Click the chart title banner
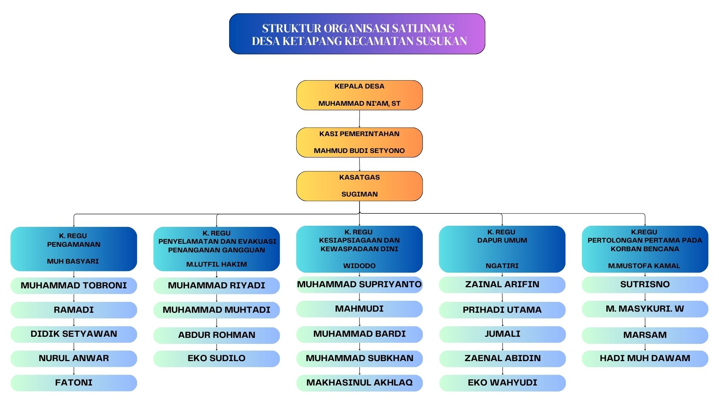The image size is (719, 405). click(x=357, y=34)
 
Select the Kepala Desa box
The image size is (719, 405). click(x=359, y=95)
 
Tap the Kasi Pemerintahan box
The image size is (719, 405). click(x=359, y=142)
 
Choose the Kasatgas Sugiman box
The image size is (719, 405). click(x=359, y=186)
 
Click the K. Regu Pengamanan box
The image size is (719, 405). click(x=74, y=249)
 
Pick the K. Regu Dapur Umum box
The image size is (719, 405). click(x=502, y=249)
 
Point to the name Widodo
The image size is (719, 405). click(x=359, y=266)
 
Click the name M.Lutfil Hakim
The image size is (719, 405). click(x=216, y=264)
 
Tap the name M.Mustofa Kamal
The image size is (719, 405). click(x=644, y=266)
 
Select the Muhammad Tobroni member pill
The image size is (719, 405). click(x=74, y=285)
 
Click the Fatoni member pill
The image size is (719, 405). click(x=74, y=382)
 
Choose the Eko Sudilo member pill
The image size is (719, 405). click(x=216, y=358)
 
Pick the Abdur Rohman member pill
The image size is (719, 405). click(x=216, y=335)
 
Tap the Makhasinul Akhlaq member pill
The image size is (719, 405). click(x=359, y=382)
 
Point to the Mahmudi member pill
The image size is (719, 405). click(x=359, y=309)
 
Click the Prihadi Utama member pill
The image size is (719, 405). click(x=502, y=310)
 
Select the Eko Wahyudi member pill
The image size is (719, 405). click(x=502, y=382)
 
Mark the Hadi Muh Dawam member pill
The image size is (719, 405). click(x=644, y=358)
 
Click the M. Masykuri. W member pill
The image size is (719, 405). click(x=644, y=309)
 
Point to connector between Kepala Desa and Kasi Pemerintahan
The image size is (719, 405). click(x=359, y=119)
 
